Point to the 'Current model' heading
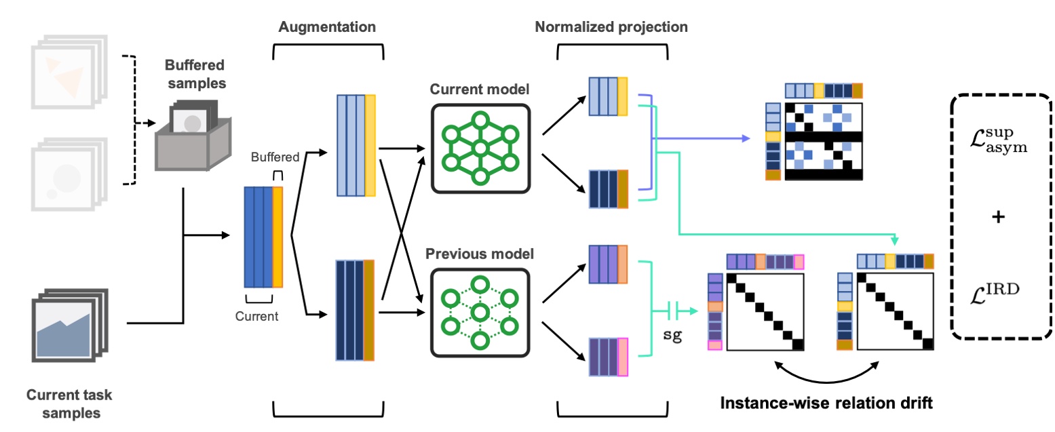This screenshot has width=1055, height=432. click(479, 91)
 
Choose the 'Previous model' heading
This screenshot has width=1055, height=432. click(479, 254)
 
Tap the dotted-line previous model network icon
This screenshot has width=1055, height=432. click(480, 312)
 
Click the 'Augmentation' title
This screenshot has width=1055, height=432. click(328, 28)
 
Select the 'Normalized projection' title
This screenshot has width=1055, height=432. click(611, 28)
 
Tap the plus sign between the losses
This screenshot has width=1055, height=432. click(997, 218)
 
